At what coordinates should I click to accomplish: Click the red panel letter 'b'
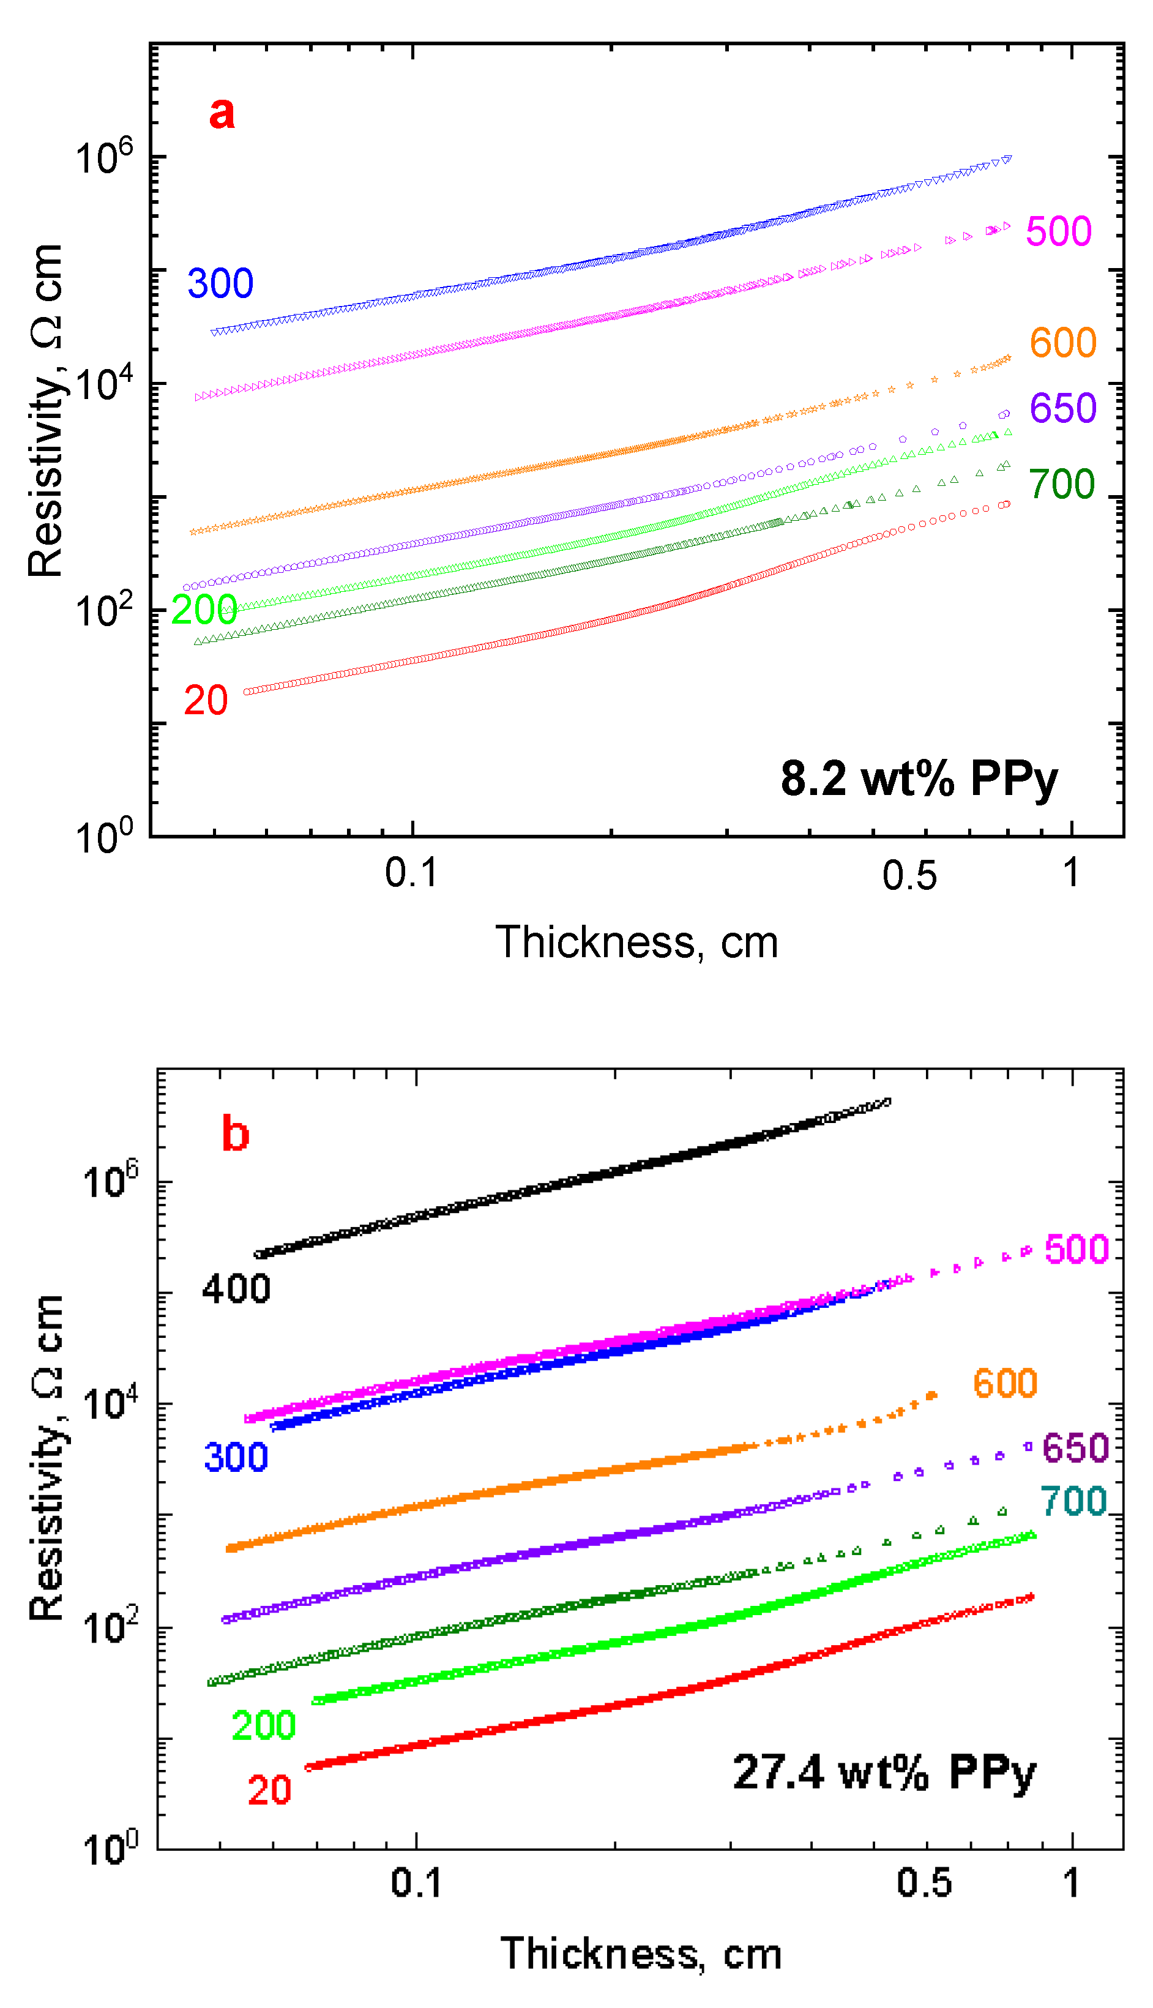click(235, 1134)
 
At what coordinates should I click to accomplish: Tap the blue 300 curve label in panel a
click(220, 283)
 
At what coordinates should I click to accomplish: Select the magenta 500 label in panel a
click(1058, 232)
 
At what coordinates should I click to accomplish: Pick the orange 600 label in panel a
click(1062, 343)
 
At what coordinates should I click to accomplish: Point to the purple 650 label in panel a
click(1062, 409)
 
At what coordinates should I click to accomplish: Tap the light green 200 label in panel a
click(204, 610)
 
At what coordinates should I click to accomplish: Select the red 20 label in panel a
click(206, 701)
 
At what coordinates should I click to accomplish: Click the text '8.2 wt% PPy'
click(919, 779)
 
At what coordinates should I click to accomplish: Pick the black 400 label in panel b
click(236, 1289)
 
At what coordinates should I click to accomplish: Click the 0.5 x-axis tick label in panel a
click(909, 876)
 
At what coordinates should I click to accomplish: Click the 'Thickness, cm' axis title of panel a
click(636, 942)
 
